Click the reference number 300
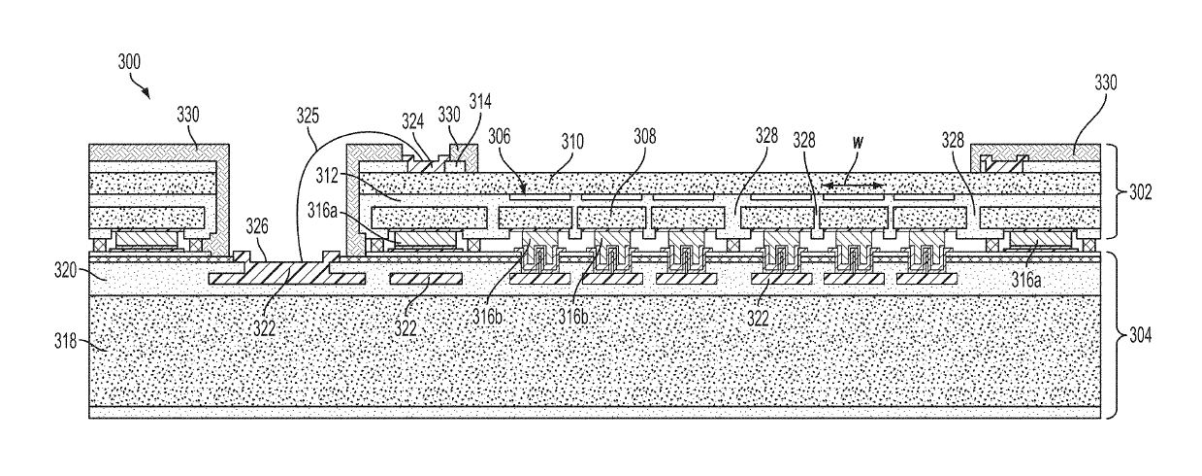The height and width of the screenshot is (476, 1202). [128, 61]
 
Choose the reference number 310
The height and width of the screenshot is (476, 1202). [570, 140]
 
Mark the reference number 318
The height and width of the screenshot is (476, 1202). [64, 342]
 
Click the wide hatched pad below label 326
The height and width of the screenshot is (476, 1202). [287, 279]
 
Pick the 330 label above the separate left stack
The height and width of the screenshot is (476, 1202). [189, 114]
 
